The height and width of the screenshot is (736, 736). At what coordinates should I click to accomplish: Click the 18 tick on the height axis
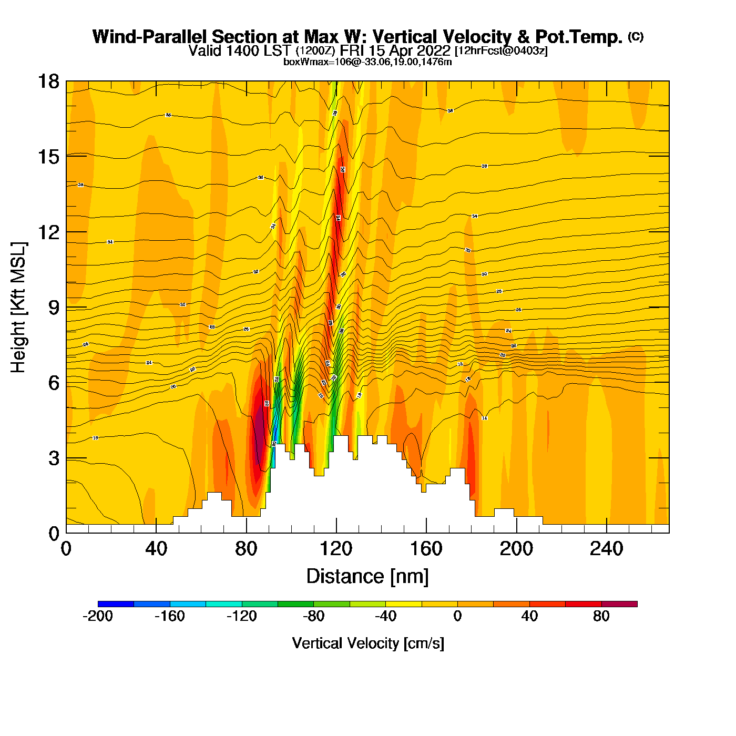click(x=48, y=81)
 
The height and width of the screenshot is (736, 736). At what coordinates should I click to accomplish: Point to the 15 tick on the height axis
click(x=48, y=157)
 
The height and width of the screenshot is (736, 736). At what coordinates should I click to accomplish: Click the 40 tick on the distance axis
click(x=156, y=549)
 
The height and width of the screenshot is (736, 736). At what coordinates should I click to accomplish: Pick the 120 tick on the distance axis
click(x=336, y=549)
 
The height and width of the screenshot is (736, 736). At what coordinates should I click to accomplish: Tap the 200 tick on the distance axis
click(x=517, y=549)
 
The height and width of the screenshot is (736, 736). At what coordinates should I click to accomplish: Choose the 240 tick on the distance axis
click(x=607, y=549)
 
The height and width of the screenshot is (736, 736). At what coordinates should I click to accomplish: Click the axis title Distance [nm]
click(x=367, y=576)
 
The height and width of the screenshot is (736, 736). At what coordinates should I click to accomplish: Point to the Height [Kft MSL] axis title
click(x=18, y=308)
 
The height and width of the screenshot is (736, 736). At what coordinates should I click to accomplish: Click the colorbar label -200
click(x=98, y=616)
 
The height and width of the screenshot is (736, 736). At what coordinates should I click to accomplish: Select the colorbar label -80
click(x=313, y=616)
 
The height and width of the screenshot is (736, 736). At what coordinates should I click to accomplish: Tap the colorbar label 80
click(x=601, y=616)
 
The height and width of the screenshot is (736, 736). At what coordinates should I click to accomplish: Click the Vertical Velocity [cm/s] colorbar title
click(x=368, y=643)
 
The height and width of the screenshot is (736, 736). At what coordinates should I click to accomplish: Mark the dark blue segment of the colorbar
click(x=116, y=604)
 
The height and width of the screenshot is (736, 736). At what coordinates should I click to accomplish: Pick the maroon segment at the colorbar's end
click(x=619, y=604)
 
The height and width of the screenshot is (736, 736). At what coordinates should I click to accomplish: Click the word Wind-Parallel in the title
click(x=150, y=37)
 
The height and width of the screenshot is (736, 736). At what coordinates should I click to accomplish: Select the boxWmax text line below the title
click(x=367, y=62)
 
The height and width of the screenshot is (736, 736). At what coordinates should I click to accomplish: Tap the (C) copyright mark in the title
click(x=636, y=36)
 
